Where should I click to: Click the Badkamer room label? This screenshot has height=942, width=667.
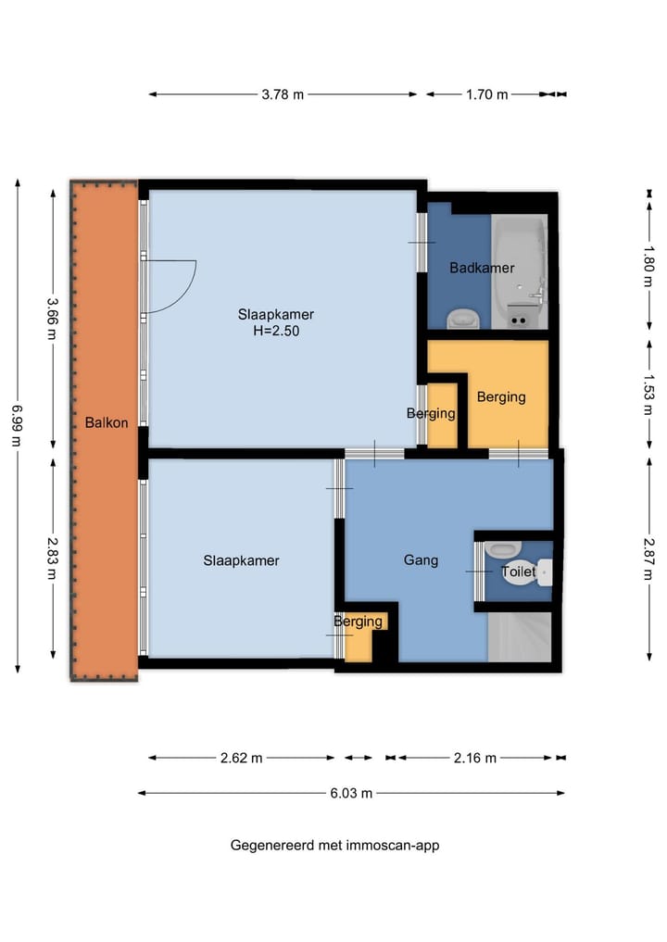click(482, 268)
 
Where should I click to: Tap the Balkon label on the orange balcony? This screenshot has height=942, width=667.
click(107, 423)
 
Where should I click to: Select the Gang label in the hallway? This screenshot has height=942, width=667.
click(421, 560)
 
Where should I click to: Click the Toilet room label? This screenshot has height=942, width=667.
click(518, 571)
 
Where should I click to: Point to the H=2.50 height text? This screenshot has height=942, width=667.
click(276, 331)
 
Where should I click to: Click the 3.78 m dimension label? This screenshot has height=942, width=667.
click(283, 94)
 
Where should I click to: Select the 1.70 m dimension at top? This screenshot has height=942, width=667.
click(486, 94)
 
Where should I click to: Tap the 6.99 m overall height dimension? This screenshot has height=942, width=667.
click(17, 425)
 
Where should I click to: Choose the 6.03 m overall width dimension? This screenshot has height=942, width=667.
click(351, 793)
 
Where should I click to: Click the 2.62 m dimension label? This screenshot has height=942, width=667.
click(241, 759)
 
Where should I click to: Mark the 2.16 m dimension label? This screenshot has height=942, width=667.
click(474, 759)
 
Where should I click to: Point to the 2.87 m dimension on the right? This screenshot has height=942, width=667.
click(649, 559)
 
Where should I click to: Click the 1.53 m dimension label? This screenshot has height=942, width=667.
click(649, 395)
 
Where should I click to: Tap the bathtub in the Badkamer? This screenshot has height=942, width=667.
click(520, 271)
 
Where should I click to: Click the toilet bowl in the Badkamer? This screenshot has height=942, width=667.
click(463, 318)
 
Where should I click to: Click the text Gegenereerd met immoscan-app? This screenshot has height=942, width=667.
click(334, 846)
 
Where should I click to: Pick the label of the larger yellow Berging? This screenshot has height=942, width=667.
click(501, 397)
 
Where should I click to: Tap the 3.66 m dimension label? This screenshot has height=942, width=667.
click(53, 319)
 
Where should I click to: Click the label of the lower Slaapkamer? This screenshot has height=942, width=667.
click(241, 561)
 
